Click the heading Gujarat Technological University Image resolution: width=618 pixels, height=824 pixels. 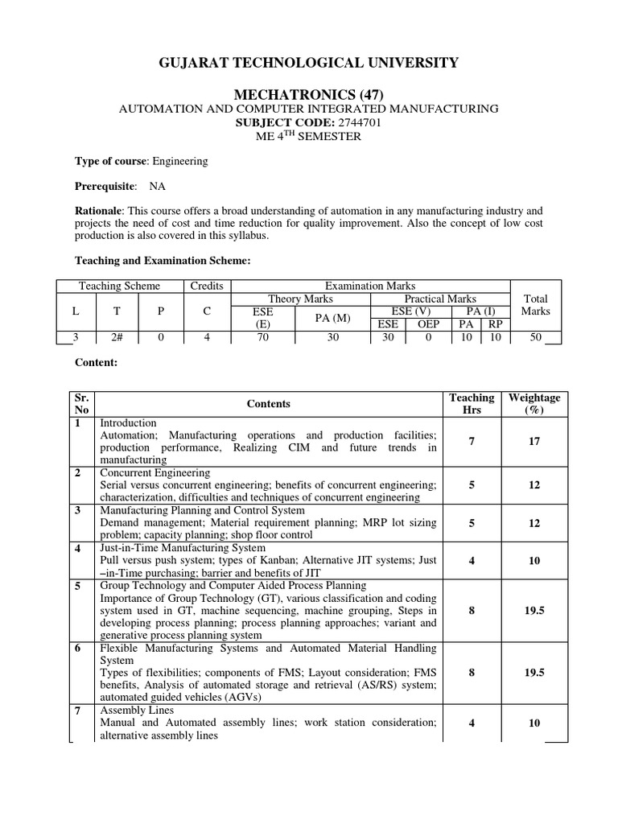308,63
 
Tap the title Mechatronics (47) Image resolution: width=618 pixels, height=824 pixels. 308,95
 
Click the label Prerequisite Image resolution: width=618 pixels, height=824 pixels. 105,187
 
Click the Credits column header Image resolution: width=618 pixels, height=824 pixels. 207,286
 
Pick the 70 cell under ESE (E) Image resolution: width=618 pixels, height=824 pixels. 263,337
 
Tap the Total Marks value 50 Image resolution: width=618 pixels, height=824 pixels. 535,337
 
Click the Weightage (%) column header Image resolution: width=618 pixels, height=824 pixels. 534,404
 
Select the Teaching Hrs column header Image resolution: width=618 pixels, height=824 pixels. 472,404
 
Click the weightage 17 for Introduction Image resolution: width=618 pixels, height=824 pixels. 534,442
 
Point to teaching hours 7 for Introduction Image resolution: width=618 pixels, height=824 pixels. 472,442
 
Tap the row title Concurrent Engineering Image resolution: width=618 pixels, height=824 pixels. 154,473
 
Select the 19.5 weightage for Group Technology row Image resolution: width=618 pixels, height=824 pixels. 534,611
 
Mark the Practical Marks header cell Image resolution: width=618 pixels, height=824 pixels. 439,299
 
